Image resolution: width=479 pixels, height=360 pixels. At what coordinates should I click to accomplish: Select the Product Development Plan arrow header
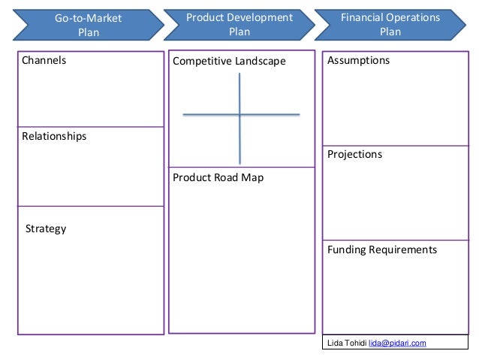[239, 24]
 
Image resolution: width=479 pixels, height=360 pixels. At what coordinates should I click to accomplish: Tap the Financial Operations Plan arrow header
[390, 24]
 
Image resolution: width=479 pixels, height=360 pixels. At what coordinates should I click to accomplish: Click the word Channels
[44, 60]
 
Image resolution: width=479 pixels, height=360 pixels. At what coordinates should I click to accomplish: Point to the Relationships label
[54, 136]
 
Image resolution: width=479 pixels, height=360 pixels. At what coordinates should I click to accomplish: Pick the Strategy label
[46, 228]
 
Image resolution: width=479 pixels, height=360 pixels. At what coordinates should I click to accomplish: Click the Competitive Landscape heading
[229, 61]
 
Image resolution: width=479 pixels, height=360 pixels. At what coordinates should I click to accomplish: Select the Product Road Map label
[218, 178]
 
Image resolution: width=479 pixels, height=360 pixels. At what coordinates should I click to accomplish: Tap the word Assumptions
[358, 60]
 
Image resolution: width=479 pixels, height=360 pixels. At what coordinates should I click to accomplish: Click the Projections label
[354, 154]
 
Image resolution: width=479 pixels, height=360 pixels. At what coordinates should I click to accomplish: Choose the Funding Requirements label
[381, 250]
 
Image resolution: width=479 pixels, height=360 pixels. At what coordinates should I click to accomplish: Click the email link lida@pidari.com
[397, 343]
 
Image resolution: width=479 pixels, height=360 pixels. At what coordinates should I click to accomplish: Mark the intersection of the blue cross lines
[239, 114]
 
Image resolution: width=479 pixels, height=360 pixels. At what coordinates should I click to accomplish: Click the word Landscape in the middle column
[261, 61]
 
